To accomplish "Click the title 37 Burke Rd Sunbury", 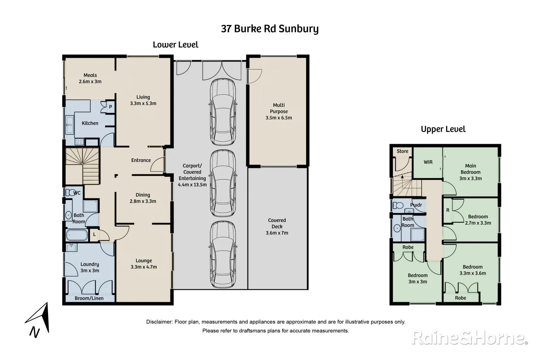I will point(270,29).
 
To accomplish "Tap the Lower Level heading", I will point(175,45).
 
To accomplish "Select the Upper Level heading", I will point(443,129).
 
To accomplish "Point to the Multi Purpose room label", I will point(279,108).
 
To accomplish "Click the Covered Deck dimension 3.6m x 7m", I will point(277,233).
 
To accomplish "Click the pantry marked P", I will point(110,107).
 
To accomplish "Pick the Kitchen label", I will point(90,123).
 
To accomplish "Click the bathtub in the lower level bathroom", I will point(77,235).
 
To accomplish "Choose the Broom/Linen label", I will point(89,298).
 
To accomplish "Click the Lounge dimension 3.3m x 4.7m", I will point(144,267).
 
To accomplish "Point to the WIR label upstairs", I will point(428,162).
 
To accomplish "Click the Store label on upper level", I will point(402,151).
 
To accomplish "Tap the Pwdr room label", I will point(416,205).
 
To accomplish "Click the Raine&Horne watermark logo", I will point(470,338).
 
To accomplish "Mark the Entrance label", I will point(141,160).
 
